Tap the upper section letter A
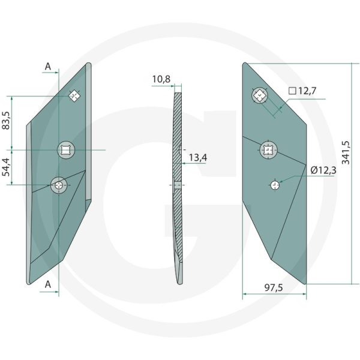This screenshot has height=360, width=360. (48, 67)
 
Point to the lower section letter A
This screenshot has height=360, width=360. (48, 285)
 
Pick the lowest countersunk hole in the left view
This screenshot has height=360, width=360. (59, 185)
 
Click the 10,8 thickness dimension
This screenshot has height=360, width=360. (161, 79)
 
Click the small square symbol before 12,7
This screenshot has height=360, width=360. (292, 91)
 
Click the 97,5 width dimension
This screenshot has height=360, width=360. (274, 289)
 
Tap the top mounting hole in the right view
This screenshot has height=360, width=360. (259, 95)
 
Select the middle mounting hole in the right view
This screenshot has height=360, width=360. (268, 150)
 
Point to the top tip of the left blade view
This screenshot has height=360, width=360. (88, 64)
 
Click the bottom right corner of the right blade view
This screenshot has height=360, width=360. (306, 283)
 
